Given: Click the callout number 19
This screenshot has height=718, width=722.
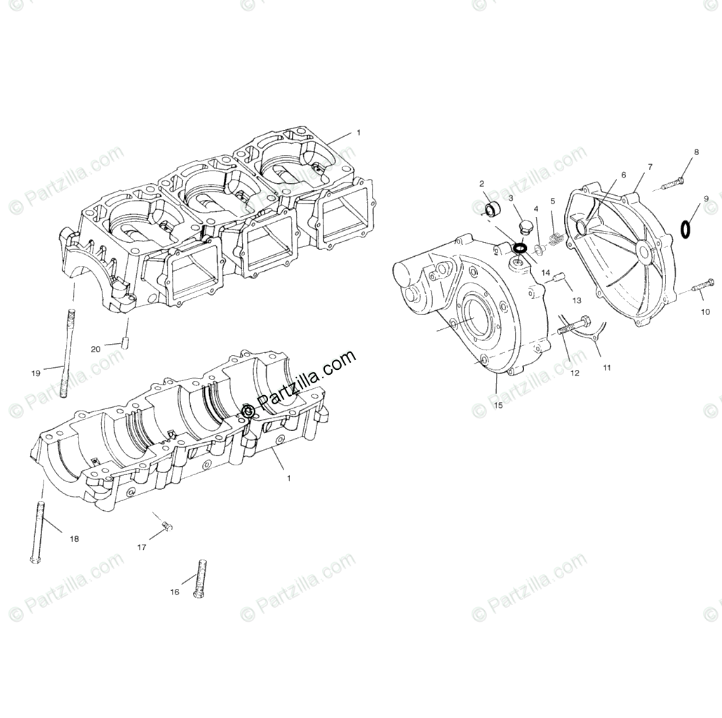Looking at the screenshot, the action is pos(36,373).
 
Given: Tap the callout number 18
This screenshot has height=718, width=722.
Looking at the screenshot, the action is pos(74,539).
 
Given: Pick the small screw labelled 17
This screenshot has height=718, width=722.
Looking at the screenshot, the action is pos(166,526).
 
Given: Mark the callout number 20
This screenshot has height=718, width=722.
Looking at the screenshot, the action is pos(95,349).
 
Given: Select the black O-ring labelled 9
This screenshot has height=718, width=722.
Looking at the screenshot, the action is pos(686,228).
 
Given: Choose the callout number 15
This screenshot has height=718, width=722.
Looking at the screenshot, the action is pos(497,406).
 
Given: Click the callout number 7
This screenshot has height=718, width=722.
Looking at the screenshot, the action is pos(650,167).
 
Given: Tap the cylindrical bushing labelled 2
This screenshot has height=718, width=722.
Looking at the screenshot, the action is pos(495,208).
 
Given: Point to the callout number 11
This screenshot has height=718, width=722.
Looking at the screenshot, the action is pos(606,367).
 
